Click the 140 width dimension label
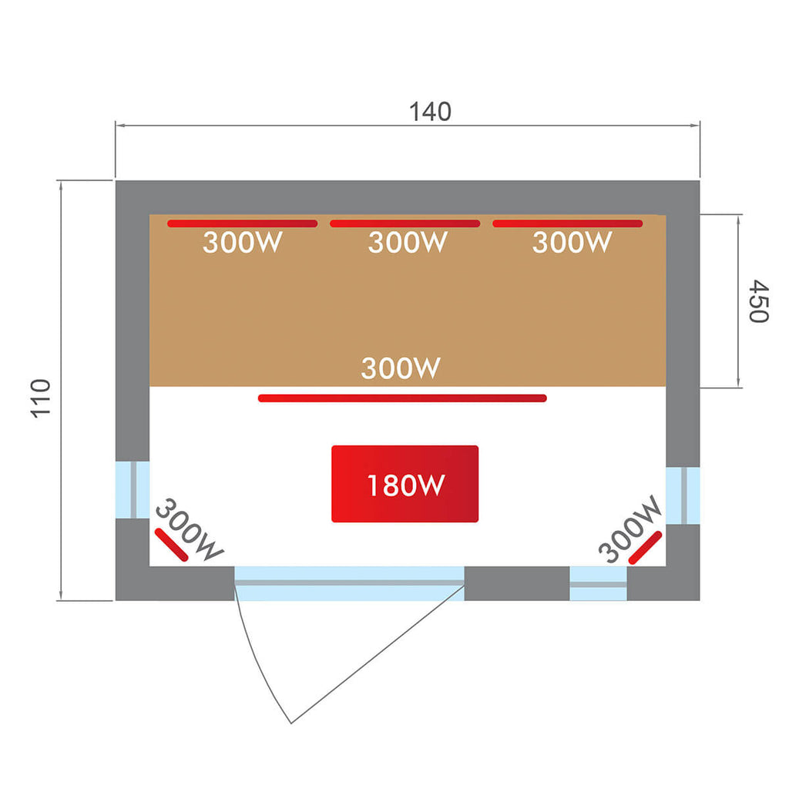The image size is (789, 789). pyautogui.click(x=430, y=112)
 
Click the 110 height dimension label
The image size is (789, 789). pyautogui.click(x=40, y=398)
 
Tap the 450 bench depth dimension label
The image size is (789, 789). pyautogui.click(x=758, y=302)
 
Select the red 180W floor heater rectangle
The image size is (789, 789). pyautogui.click(x=405, y=484)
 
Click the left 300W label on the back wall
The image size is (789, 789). pyautogui.click(x=242, y=243)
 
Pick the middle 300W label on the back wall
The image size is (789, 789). pyautogui.click(x=407, y=243)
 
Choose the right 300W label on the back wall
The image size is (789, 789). pyautogui.click(x=572, y=243)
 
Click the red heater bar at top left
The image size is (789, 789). pyautogui.click(x=242, y=224)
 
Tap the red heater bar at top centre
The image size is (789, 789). pyautogui.click(x=405, y=224)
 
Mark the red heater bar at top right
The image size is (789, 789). pyautogui.click(x=567, y=224)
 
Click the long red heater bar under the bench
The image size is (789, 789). pyautogui.click(x=402, y=398)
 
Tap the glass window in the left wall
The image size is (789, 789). pyautogui.click(x=133, y=490)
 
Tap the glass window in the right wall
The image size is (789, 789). pyautogui.click(x=683, y=495)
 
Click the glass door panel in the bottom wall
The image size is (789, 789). pyautogui.click(x=349, y=583)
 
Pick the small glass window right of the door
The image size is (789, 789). pyautogui.click(x=598, y=583)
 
